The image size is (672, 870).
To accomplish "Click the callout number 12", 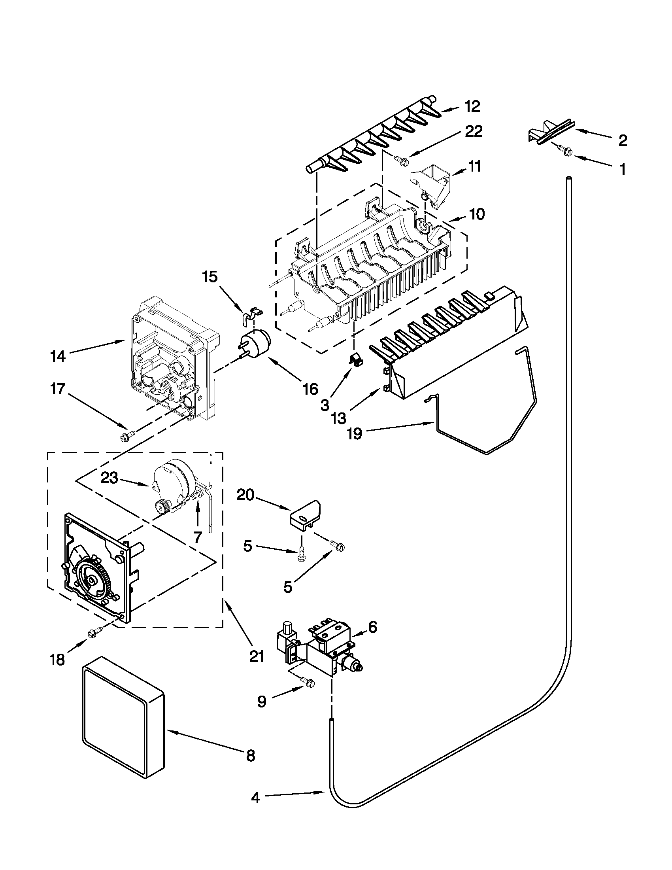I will pyautogui.click(x=472, y=106).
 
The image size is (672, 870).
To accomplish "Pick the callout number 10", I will pyautogui.click(x=477, y=214).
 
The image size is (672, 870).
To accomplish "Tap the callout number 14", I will pyautogui.click(x=59, y=356).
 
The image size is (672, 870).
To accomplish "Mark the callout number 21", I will pyautogui.click(x=257, y=656).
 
